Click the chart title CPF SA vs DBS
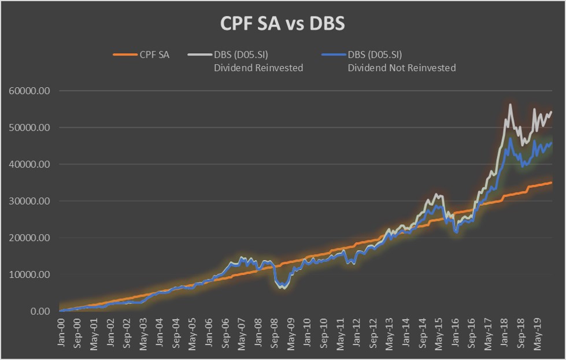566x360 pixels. [x=283, y=24]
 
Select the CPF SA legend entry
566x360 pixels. [x=153, y=55]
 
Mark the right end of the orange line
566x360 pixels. [x=552, y=183]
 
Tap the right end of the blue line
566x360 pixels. [x=552, y=143]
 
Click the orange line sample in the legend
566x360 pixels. [x=124, y=55]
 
